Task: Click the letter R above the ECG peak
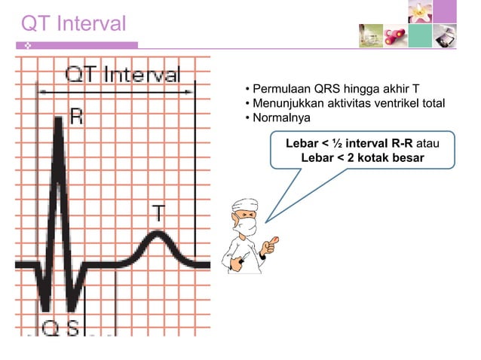[76, 115]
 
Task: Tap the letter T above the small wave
[160, 212]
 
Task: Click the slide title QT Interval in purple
[73, 24]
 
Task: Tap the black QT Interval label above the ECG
[122, 75]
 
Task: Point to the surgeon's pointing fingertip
[276, 239]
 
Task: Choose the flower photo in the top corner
[420, 11]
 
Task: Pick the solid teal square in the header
[421, 35]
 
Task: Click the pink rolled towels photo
[396, 35]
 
